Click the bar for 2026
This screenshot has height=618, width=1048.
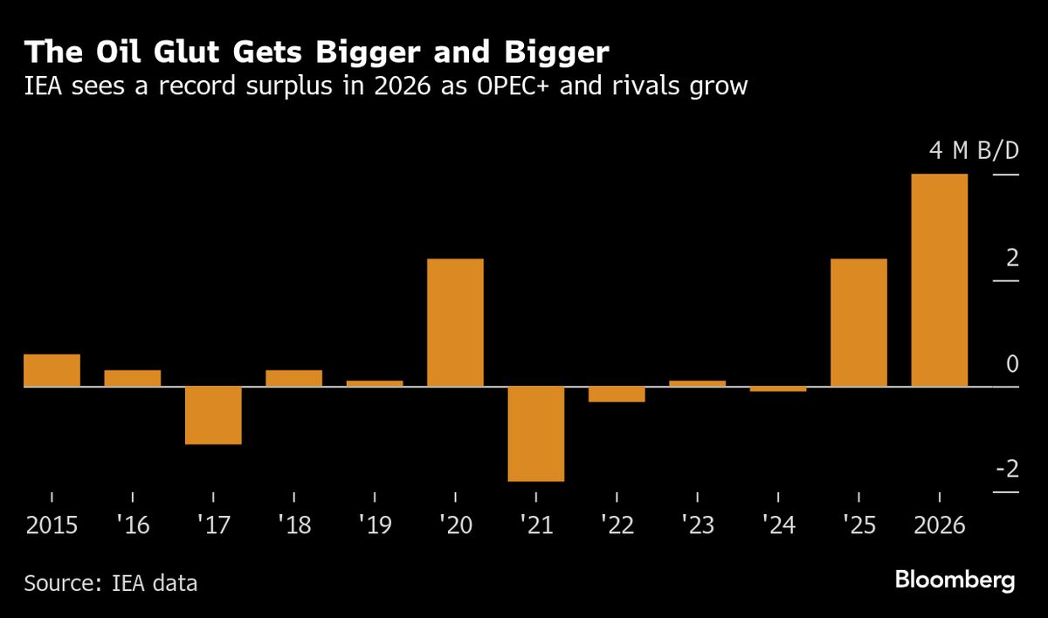(939, 280)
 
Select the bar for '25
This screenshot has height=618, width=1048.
(858, 322)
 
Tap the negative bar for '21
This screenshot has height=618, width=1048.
(536, 433)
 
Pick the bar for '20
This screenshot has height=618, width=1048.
(455, 322)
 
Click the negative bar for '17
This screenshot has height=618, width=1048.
(213, 415)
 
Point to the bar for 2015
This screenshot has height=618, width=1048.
(52, 370)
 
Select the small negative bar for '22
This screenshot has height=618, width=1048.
(617, 394)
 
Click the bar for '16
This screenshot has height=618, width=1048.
(133, 378)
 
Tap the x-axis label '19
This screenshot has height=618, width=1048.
(374, 526)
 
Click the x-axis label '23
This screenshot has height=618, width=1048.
(697, 526)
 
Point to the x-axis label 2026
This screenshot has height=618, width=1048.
(939, 526)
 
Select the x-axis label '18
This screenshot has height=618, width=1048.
(293, 526)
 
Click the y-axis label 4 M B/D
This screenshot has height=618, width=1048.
(974, 151)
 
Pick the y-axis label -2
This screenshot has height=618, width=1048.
(1007, 470)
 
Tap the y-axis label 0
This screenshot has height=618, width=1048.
(1012, 364)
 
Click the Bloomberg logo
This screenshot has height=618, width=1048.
(955, 580)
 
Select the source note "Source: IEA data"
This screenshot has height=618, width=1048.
(111, 583)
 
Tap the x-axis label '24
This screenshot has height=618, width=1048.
(777, 526)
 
